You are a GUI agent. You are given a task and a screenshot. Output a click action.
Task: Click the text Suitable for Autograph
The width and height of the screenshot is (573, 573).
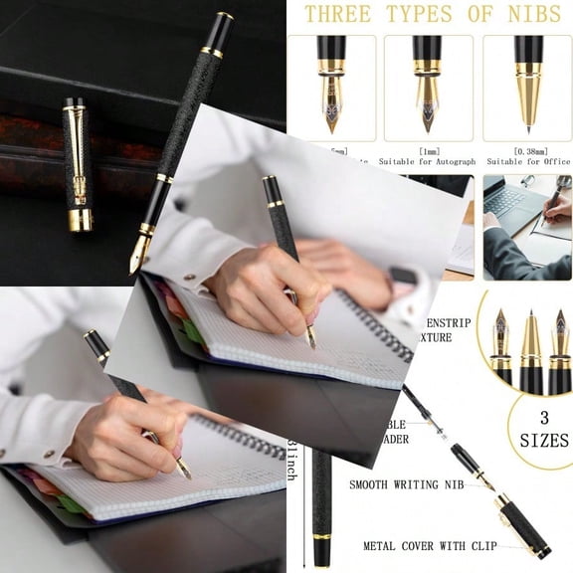pyautogui.click(x=430, y=161)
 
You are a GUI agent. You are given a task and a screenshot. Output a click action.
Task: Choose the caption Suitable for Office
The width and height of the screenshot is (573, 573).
pyautogui.click(x=527, y=161)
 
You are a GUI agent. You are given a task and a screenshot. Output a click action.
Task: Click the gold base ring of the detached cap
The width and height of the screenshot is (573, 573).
pyautogui.click(x=80, y=219)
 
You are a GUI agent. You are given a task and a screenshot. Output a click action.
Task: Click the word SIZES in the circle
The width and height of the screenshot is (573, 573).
pyautogui.click(x=544, y=440)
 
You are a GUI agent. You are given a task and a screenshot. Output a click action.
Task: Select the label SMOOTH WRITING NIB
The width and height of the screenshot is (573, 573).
pyautogui.click(x=407, y=484)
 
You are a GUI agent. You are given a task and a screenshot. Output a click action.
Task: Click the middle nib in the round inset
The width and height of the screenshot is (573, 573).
pyautogui.click(x=530, y=343)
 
